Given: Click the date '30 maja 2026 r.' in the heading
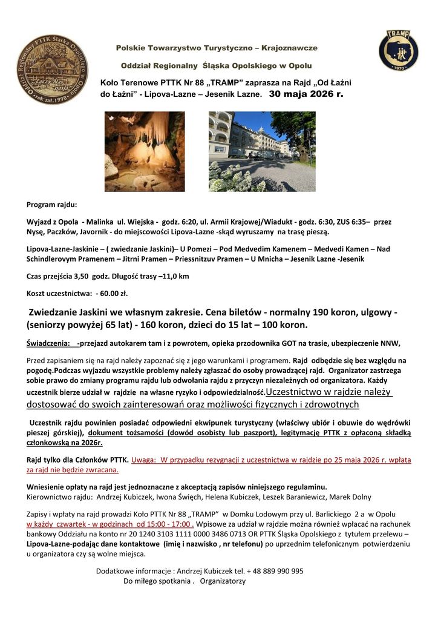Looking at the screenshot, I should pos(306,94).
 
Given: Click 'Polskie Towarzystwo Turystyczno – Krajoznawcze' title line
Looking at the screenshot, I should pos(217,48).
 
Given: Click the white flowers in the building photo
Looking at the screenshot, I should pos(242,176).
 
